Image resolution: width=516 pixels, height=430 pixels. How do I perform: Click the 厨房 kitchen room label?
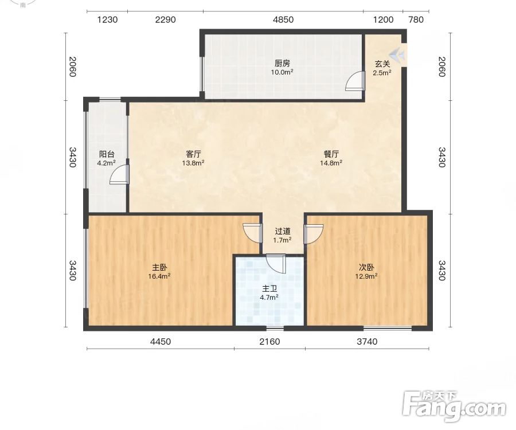pyautogui.click(x=282, y=63)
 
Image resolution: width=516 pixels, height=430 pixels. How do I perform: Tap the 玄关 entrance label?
pyautogui.click(x=382, y=64)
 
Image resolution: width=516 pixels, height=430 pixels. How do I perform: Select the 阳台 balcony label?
pyautogui.click(x=107, y=154)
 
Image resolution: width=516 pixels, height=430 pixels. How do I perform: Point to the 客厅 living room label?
pyautogui.click(x=193, y=154)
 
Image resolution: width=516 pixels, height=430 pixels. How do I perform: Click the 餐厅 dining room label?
pyautogui.click(x=331, y=154)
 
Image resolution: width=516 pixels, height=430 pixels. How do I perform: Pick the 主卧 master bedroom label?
pyautogui.click(x=159, y=267)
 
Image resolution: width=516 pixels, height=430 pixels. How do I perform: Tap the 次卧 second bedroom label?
pyautogui.click(x=366, y=267)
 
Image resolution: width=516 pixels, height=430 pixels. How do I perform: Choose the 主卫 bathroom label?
pyautogui.click(x=269, y=289)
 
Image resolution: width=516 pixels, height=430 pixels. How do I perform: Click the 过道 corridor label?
pyautogui.click(x=282, y=231)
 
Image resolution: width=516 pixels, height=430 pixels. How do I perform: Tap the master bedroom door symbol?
pyautogui.click(x=253, y=233)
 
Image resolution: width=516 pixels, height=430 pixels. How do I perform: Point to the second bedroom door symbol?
pyautogui.click(x=313, y=234)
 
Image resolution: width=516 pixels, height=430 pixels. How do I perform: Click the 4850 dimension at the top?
pyautogui.click(x=283, y=19)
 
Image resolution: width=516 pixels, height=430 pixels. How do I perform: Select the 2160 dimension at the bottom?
pyautogui.click(x=269, y=342)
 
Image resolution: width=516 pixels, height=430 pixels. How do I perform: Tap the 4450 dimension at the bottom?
pyautogui.click(x=161, y=342)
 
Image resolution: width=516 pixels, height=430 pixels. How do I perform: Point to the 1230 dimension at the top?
pyautogui.click(x=107, y=19)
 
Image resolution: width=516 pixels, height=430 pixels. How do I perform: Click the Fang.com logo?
pyautogui.click(x=455, y=406)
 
